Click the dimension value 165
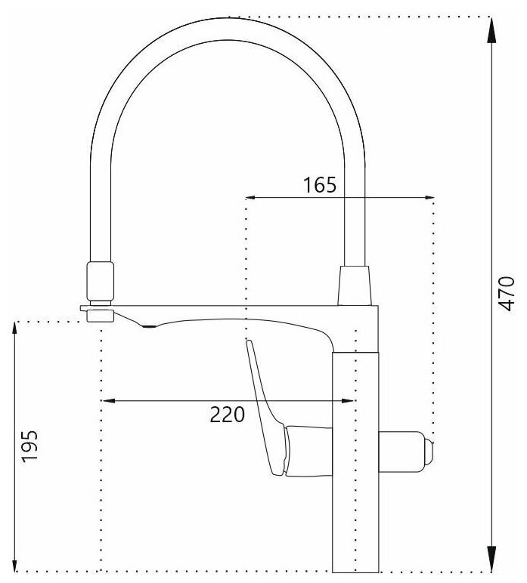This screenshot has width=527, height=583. pyautogui.click(x=319, y=185)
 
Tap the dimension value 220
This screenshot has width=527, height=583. pyautogui.click(x=228, y=414)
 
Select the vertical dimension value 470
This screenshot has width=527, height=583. pyautogui.click(x=507, y=293)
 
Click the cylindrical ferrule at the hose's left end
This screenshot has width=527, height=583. pyautogui.click(x=101, y=280)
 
